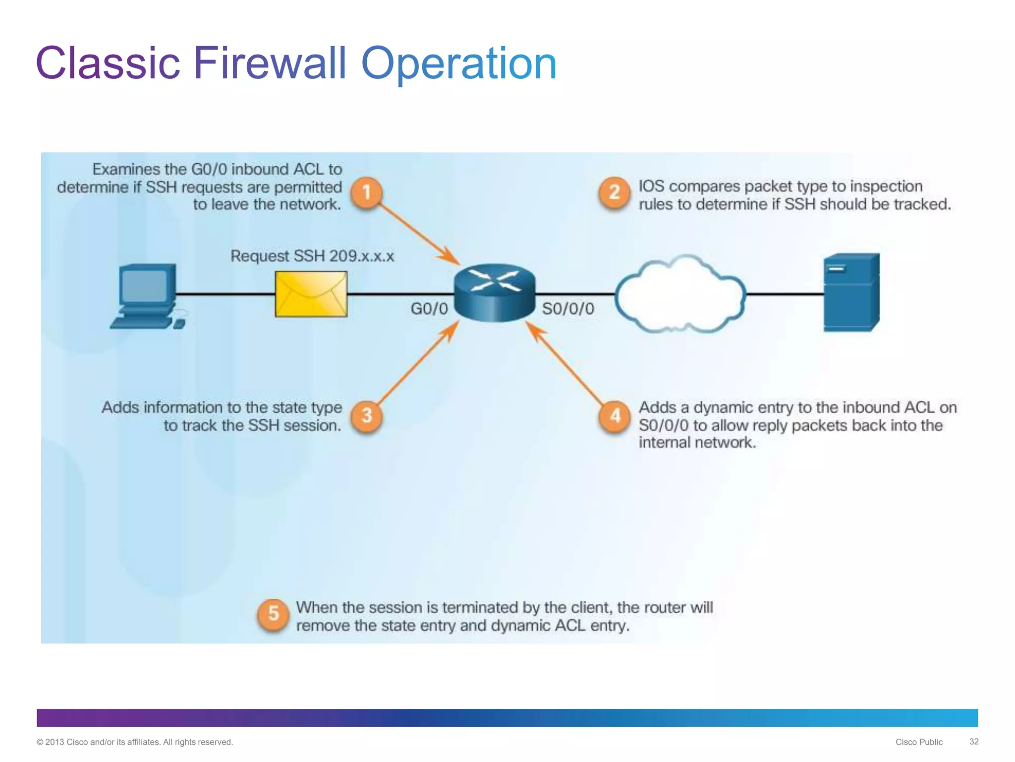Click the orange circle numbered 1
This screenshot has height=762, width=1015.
pyautogui.click(x=366, y=192)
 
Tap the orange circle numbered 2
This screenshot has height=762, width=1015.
pyautogui.click(x=614, y=192)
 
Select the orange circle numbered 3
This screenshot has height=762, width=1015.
pyautogui.click(x=366, y=415)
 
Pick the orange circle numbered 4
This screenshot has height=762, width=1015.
pyautogui.click(x=615, y=415)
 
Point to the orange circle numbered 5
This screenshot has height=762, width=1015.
pyautogui.click(x=273, y=614)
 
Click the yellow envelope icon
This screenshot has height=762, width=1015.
pyautogui.click(x=311, y=294)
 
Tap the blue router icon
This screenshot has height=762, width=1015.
pyautogui.click(x=495, y=293)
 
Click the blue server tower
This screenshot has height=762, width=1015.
pyautogui.click(x=851, y=293)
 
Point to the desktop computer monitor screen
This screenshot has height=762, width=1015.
pyautogui.click(x=145, y=286)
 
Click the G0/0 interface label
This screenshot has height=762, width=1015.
pyautogui.click(x=429, y=309)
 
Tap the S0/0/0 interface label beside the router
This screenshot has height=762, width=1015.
pyautogui.click(x=568, y=309)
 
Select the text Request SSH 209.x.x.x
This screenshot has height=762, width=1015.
pyautogui.click(x=312, y=256)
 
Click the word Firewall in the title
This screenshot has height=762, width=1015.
pyautogui.click(x=270, y=63)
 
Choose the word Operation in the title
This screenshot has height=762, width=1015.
pyautogui.click(x=459, y=63)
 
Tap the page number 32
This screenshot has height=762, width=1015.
pyautogui.click(x=974, y=741)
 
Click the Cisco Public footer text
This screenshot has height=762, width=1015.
pyautogui.click(x=919, y=742)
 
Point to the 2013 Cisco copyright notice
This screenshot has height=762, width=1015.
pyautogui.click(x=135, y=742)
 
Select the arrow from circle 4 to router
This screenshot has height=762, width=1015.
pyautogui.click(x=565, y=362)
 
